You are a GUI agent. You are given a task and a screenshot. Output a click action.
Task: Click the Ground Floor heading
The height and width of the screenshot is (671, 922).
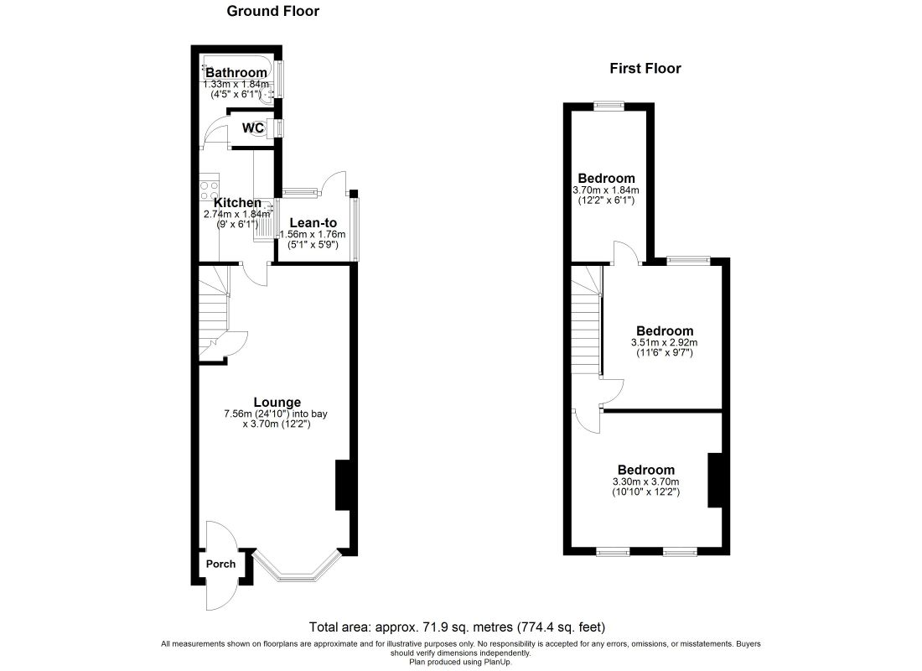click(x=273, y=11)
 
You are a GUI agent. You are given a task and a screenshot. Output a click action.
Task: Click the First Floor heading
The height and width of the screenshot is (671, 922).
click(x=645, y=68)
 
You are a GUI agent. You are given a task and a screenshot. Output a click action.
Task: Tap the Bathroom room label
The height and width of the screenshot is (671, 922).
click(x=236, y=73)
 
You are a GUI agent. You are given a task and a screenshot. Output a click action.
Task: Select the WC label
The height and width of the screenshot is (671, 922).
click(x=253, y=127)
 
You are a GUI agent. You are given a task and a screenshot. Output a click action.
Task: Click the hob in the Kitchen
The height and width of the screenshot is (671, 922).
click(x=210, y=187)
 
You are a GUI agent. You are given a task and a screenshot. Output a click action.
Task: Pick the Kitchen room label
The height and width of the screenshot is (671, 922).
click(x=237, y=203)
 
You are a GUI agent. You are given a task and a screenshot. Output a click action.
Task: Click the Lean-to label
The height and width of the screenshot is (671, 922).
click(x=313, y=223)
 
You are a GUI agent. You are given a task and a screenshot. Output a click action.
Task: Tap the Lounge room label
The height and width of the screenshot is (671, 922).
click(x=277, y=403)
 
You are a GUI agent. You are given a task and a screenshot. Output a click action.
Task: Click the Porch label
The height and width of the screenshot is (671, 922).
click(x=220, y=564)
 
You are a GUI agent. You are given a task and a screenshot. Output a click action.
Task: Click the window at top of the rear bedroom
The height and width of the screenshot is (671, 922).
click(x=609, y=106)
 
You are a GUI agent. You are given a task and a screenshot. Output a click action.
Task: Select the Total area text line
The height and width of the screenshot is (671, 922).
click(x=457, y=627)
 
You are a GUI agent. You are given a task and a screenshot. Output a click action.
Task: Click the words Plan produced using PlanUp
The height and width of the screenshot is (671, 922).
click(x=460, y=662)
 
